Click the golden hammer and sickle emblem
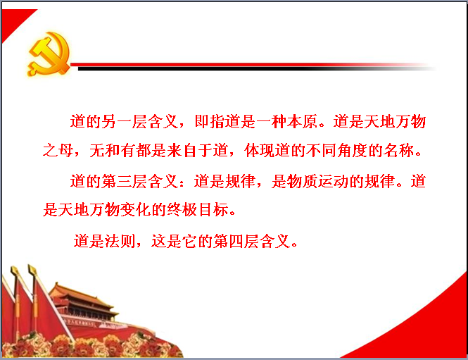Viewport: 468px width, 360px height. (x=49, y=54)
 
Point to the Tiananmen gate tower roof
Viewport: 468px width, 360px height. (x=81, y=294)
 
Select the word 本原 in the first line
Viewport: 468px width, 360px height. (x=302, y=122)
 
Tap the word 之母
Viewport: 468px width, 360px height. (x=58, y=150)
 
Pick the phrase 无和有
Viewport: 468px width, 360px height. (x=113, y=150)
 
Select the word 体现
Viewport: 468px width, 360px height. (x=260, y=150)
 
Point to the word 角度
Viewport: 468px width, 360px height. (x=353, y=150)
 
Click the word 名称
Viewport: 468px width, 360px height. (x=399, y=150)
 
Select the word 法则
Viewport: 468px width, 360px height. (x=120, y=241)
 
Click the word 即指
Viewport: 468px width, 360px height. (x=209, y=122)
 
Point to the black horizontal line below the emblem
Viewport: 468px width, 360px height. (x=257, y=69)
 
